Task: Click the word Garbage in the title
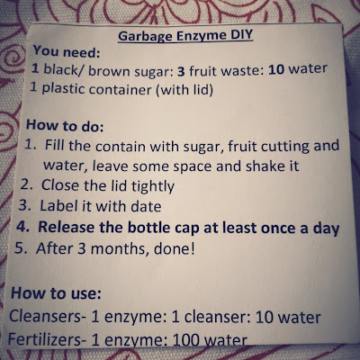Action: (145, 37)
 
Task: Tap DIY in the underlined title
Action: (242, 35)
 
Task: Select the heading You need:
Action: (67, 51)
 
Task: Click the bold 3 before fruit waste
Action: (181, 72)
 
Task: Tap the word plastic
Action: (63, 88)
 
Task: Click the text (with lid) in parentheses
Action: (184, 90)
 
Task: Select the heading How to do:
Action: (65, 125)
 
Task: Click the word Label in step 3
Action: (58, 206)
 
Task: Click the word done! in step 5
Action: (174, 249)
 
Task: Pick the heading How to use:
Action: (56, 292)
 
